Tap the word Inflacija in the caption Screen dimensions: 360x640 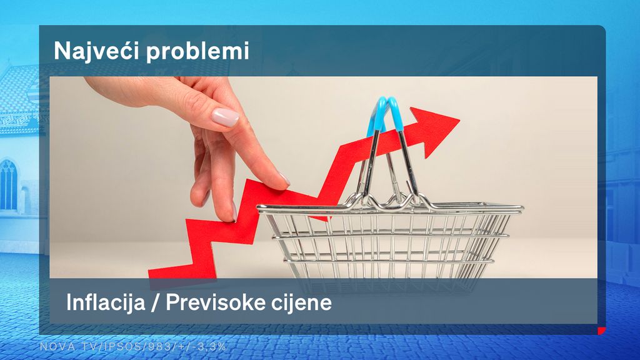[x=107, y=304]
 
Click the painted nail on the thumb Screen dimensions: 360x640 [x=225, y=117]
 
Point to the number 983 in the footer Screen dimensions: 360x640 [x=146, y=346]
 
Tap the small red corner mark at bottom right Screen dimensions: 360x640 [x=601, y=331]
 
